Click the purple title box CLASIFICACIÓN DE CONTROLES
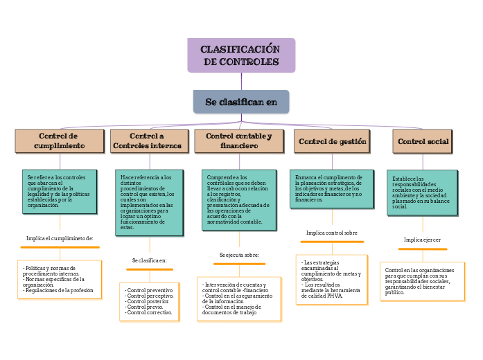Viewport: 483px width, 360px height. [x=240, y=55]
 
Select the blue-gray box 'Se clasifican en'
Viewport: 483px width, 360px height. [x=240, y=102]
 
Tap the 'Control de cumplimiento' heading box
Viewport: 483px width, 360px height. [x=60, y=141]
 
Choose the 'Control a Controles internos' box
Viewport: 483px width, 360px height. [x=147, y=141]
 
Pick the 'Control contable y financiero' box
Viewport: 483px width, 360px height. [x=238, y=141]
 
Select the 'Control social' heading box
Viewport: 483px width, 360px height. [x=423, y=141]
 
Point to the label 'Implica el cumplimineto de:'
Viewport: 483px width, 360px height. [x=60, y=238]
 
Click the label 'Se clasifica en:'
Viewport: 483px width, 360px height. [x=149, y=260]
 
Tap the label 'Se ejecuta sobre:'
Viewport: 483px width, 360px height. [x=238, y=255]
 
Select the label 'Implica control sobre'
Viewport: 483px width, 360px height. [x=332, y=233]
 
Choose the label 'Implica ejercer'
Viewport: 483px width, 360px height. [x=422, y=240]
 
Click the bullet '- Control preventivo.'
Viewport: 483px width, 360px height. [x=149, y=290]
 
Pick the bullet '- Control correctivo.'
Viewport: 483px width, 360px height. [x=149, y=313]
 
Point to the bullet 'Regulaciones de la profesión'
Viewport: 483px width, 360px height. [x=58, y=291]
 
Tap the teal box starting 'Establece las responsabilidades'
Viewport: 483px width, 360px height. [x=422, y=192]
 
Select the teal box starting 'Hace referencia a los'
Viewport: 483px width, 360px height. [x=149, y=202]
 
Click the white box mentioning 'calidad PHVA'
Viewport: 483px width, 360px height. [x=332, y=280]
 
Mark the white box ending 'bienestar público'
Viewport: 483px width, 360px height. [x=422, y=281]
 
